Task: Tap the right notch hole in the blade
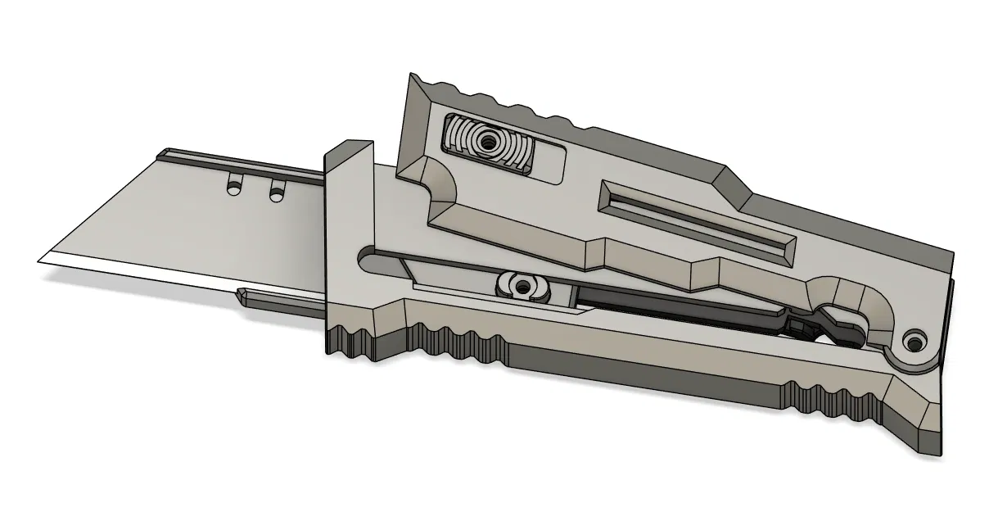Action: pos(276,191)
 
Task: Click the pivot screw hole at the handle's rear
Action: pos(914,339)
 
